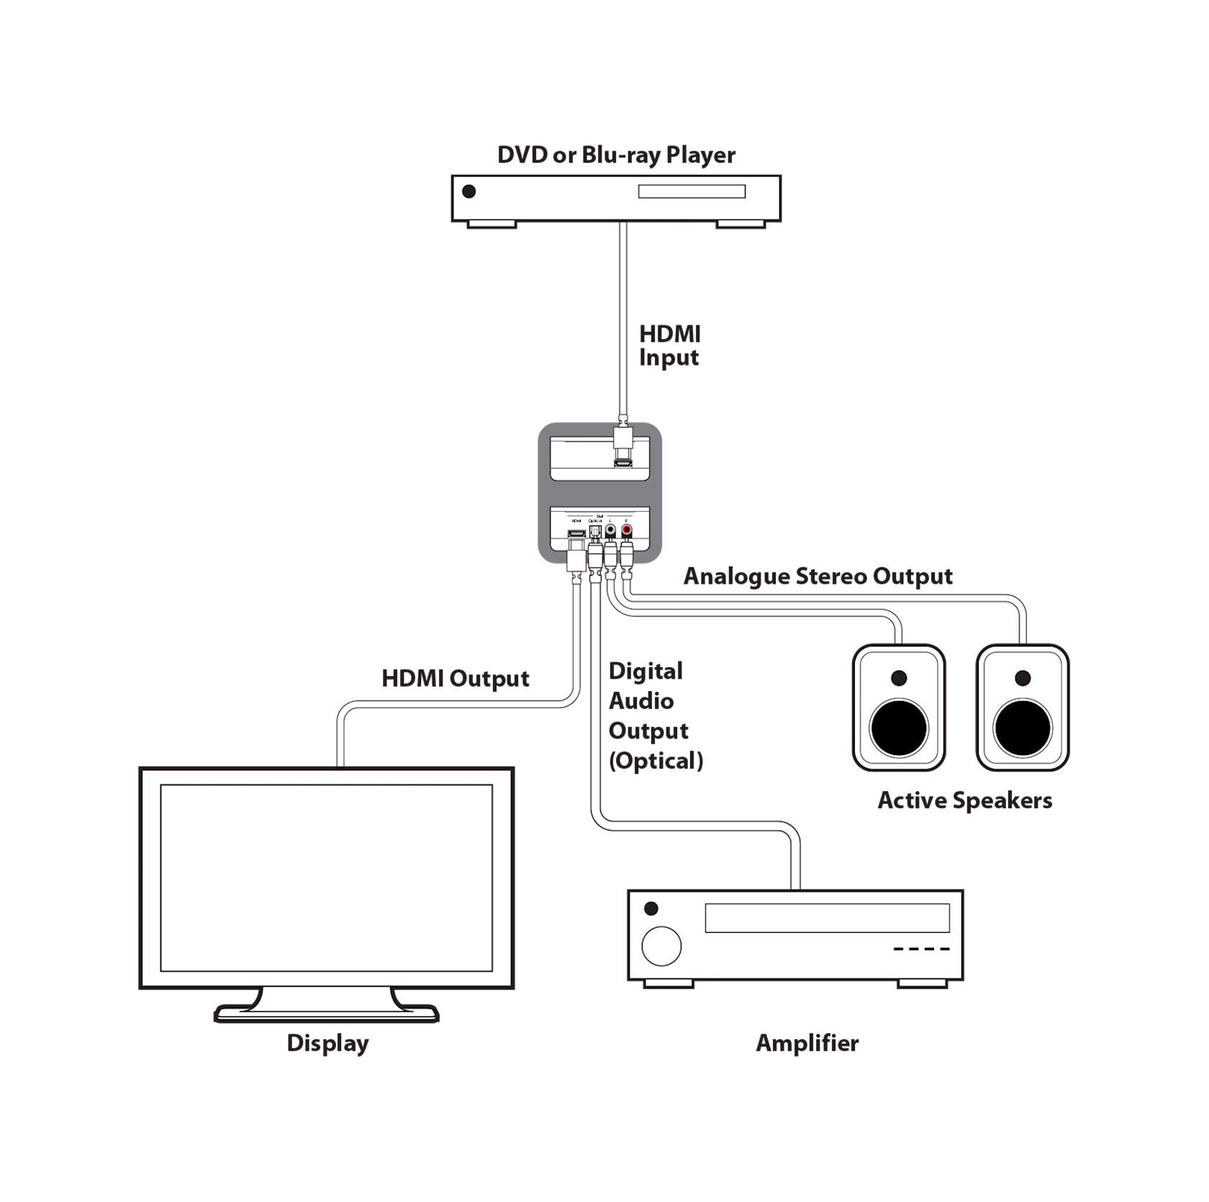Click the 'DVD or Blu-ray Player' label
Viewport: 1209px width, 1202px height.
pos(616,155)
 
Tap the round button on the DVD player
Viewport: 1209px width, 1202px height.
pos(469,191)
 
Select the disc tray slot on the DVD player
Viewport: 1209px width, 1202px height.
pos(692,192)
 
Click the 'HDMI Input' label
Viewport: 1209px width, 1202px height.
pos(669,345)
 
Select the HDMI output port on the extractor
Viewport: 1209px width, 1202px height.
pos(576,533)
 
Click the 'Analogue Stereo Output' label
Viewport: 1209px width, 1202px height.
pos(818,577)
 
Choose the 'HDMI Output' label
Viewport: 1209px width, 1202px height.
pos(456,679)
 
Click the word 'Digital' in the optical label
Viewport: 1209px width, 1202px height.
pos(646,671)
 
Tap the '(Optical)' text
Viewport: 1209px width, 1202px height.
pos(656,761)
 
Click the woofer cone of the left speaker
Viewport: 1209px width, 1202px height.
pos(899,728)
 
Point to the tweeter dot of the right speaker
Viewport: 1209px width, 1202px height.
pos(1022,678)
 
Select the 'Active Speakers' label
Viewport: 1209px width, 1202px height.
pos(964,800)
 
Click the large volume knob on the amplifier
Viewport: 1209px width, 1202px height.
pos(661,946)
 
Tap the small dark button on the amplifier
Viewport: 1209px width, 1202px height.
pos(652,909)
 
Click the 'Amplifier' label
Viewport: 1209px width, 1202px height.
pos(807,1043)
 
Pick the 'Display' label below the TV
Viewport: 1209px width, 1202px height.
pos(327,1043)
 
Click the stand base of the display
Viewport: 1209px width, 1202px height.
pos(326,1013)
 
